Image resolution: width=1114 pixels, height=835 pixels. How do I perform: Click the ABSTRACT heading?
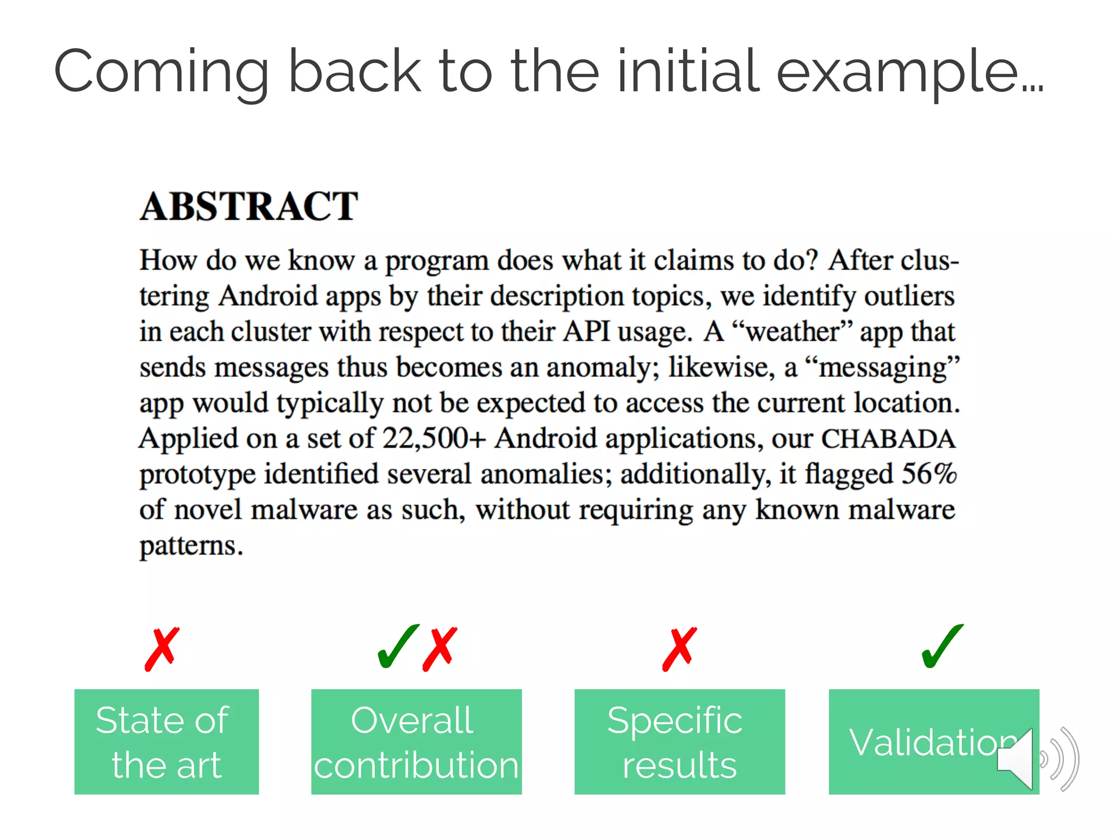pyautogui.click(x=249, y=207)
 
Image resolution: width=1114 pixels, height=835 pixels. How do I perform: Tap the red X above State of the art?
pyautogui.click(x=162, y=649)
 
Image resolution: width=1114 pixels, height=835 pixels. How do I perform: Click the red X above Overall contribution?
pyautogui.click(x=440, y=649)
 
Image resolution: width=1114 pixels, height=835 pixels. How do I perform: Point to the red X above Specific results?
pyautogui.click(x=679, y=649)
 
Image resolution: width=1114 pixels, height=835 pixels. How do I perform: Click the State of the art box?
pyautogui.click(x=166, y=741)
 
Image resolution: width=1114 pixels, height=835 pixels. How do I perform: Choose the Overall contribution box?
pyautogui.click(x=416, y=741)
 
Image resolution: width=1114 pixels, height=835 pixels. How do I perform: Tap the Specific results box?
pyautogui.click(x=679, y=741)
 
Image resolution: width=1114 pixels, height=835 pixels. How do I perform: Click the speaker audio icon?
pyautogui.click(x=1036, y=759)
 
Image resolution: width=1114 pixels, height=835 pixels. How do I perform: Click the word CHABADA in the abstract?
pyautogui.click(x=888, y=439)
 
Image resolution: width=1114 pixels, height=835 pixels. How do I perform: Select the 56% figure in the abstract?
pyautogui.click(x=929, y=474)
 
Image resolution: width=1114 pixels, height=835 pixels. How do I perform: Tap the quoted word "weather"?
pyautogui.click(x=792, y=332)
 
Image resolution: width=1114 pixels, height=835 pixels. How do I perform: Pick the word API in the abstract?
pyautogui.click(x=586, y=332)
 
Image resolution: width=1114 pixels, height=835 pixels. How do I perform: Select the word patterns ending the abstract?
pyautogui.click(x=190, y=546)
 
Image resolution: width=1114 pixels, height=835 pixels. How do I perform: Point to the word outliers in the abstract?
pyautogui.click(x=909, y=297)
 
